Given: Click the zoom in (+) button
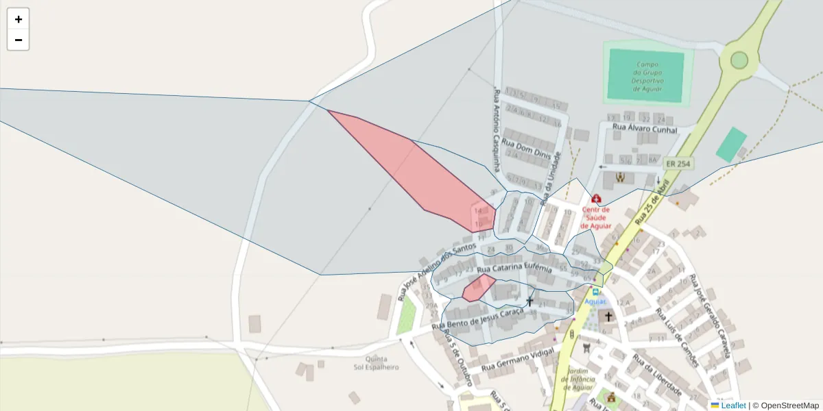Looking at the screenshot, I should tap(19, 19).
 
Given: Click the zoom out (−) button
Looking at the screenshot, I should tap(19, 40).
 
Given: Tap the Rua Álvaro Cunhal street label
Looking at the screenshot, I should tap(645, 129).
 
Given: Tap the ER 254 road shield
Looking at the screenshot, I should tap(678, 164).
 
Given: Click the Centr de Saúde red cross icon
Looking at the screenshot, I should tap(596, 199).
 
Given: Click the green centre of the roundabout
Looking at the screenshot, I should tap(739, 60).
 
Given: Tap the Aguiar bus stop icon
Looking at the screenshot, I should tap(595, 291).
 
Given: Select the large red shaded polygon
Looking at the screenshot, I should tap(418, 171).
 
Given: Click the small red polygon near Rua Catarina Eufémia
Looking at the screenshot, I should tap(478, 287).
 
